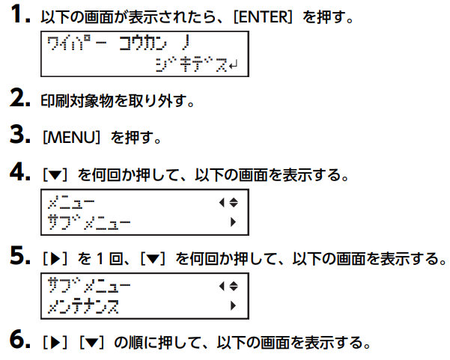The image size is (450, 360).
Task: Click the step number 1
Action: pyautogui.click(x=20, y=14)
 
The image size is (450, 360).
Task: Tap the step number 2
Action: pyautogui.click(x=19, y=98)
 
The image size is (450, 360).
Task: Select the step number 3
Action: pyautogui.click(x=19, y=134)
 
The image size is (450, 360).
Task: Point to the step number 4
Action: pyautogui.click(x=19, y=172)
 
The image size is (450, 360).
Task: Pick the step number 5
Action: pyautogui.click(x=19, y=255)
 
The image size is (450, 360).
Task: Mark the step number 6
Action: pyautogui.click(x=19, y=339)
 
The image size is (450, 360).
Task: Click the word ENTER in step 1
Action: pyautogui.click(x=263, y=17)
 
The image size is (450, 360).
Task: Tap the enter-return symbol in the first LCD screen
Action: pyautogui.click(x=233, y=65)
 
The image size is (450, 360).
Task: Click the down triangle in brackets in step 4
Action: pyautogui.click(x=55, y=175)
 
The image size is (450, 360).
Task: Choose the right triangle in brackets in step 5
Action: pyautogui.click(x=55, y=259)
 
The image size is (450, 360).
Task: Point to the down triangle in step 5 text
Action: pyautogui.click(x=153, y=259)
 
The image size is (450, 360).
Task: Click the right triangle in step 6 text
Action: pyautogui.click(x=55, y=343)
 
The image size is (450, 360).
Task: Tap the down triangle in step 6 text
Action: pyautogui.click(x=92, y=343)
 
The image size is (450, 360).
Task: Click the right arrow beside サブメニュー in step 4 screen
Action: pyautogui.click(x=233, y=222)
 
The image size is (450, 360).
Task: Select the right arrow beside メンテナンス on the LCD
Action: pyautogui.click(x=233, y=305)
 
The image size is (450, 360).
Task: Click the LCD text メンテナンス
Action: pyautogui.click(x=83, y=306)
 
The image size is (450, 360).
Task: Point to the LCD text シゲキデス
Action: pyautogui.click(x=192, y=64)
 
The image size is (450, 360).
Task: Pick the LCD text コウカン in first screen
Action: pyautogui.click(x=142, y=43)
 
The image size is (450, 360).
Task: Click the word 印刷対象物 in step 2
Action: pyautogui.click(x=77, y=101)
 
